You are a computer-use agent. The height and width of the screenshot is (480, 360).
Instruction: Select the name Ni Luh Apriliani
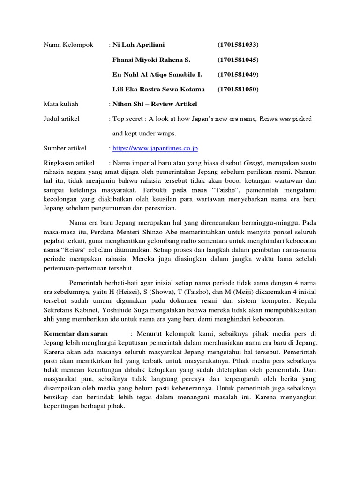(x=139, y=45)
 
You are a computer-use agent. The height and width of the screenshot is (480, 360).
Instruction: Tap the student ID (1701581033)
(x=238, y=45)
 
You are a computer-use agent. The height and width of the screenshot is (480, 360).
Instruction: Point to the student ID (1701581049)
(x=238, y=74)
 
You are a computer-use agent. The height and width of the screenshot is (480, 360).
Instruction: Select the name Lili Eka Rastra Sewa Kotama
(x=158, y=89)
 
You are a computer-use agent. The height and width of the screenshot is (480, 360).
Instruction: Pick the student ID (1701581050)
(x=238, y=89)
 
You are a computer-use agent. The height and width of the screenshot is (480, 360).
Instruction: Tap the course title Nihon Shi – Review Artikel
(x=155, y=104)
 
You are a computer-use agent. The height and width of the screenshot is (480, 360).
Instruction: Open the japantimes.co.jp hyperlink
(x=155, y=149)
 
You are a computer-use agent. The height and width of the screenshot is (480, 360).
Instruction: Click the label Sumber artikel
(x=65, y=149)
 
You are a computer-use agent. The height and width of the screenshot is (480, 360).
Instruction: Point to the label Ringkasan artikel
(x=71, y=163)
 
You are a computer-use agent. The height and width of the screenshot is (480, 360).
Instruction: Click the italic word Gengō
(x=253, y=163)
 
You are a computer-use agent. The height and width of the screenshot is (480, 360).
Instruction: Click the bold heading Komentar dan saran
(x=75, y=334)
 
